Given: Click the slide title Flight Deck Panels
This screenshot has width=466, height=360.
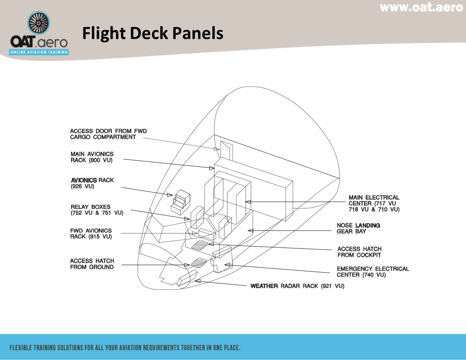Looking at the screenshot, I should point(152,34).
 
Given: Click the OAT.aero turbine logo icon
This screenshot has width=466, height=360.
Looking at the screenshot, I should point(39,24).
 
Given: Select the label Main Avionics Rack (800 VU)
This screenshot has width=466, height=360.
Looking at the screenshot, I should point(92,157).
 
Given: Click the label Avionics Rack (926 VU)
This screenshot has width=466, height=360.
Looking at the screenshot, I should point(92,183).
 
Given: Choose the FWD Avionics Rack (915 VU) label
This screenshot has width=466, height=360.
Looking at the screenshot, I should point(91,233).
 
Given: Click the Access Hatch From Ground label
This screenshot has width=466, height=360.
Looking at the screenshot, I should point(92,264).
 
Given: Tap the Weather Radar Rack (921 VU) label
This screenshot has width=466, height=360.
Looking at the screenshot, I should point(297,286).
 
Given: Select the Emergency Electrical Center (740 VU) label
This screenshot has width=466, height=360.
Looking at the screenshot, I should point(372,272).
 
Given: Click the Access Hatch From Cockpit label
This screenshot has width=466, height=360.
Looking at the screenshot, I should point(359,252).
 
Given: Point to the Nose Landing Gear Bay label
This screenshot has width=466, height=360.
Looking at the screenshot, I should point(358,228).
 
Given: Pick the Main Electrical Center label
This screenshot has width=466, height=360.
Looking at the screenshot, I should point(374,203).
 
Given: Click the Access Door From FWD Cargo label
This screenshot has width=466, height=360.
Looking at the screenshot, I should point(108,134).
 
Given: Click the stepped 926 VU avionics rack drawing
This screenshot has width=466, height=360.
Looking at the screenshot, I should point(181,201).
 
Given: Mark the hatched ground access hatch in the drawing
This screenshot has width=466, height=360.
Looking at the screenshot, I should point(199,262).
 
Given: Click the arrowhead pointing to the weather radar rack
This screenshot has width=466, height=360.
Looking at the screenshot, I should point(198,281).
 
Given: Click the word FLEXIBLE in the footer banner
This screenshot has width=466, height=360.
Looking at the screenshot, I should point(25,348).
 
